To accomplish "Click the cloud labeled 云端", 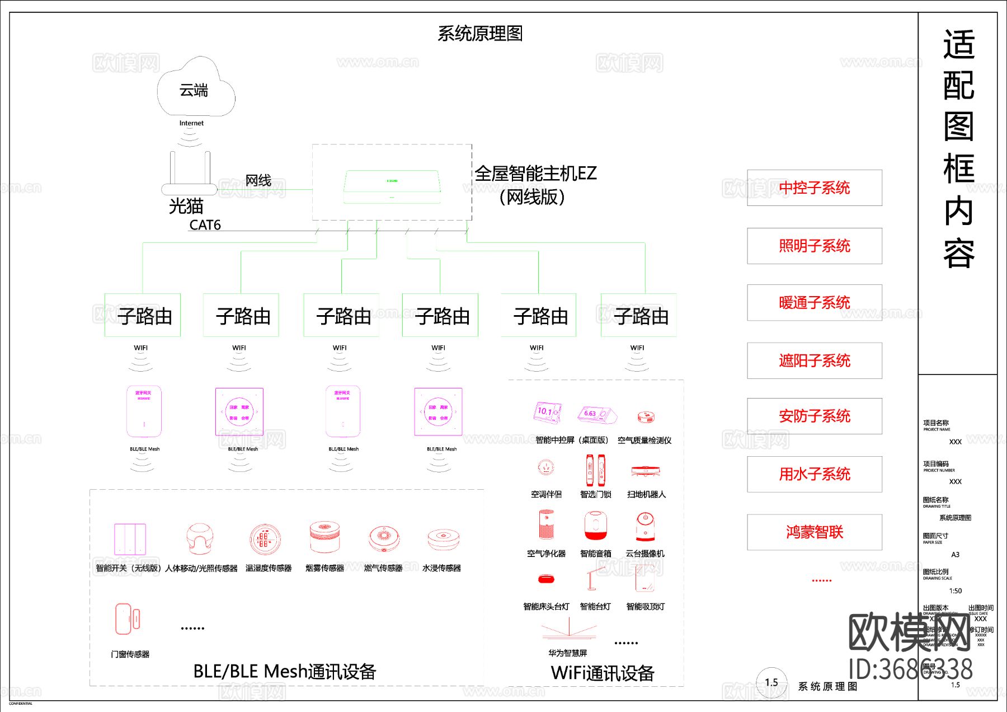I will (195, 88).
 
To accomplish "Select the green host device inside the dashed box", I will (392, 186).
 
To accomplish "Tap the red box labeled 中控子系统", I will (814, 188).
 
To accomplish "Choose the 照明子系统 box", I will (814, 246).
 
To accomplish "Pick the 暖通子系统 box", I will (814, 303).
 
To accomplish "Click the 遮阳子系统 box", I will (814, 360).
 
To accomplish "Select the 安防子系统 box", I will (814, 416).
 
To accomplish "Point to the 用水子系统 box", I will (814, 474).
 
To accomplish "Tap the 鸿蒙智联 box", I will (814, 532).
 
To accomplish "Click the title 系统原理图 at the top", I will (480, 34).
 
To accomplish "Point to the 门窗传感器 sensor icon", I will (127, 619).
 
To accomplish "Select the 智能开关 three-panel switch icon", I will (130, 539).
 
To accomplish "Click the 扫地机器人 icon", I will (646, 471).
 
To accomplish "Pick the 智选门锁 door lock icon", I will (595, 470).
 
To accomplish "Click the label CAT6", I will (205, 225).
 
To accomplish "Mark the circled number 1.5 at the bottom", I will (771, 682).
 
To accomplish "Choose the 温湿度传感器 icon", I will (263, 539).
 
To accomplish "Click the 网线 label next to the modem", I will (258, 180).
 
